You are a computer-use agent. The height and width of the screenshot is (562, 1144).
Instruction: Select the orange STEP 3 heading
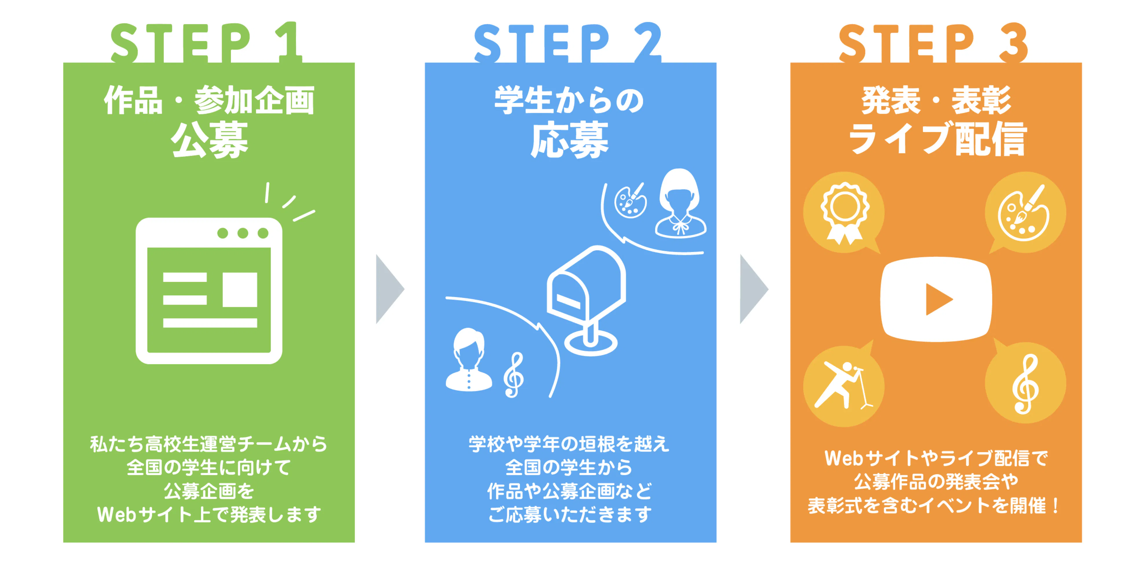(933, 43)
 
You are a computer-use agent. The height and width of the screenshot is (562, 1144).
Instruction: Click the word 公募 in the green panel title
(209, 140)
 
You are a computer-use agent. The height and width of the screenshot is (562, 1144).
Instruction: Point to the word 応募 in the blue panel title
(570, 140)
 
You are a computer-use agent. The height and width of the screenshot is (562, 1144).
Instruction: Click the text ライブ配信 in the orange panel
(937, 139)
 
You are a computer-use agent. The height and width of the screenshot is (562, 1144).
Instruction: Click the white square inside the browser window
(240, 289)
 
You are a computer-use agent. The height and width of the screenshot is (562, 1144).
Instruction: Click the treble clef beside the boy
(514, 375)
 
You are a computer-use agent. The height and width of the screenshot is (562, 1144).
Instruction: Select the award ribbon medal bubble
(844, 212)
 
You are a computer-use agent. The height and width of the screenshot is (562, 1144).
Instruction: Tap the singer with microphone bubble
(844, 385)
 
